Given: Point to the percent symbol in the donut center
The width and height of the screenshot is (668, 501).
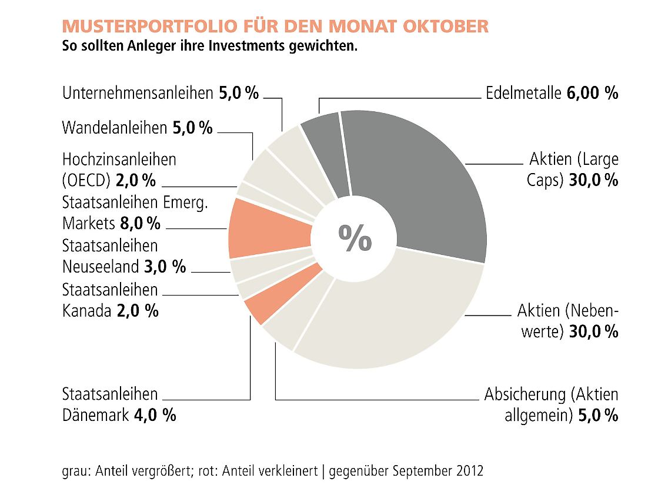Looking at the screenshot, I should click(x=355, y=238).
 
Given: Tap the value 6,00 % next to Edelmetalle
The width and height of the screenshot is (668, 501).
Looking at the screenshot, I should click(x=593, y=93).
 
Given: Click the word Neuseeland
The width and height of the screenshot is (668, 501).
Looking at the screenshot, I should click(x=100, y=266).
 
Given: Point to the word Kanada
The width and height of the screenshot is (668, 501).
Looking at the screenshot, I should click(x=86, y=310).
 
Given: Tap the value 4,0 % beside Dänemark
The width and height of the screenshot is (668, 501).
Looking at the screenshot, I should click(x=155, y=415).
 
